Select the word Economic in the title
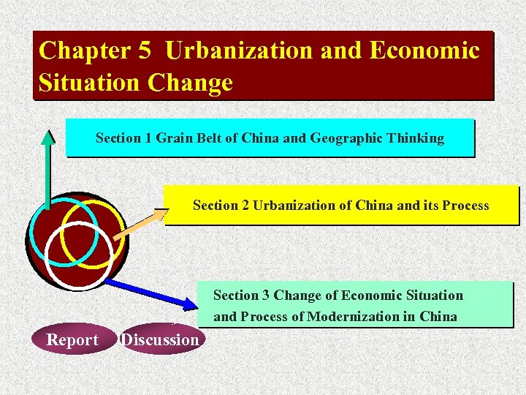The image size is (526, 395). (x=424, y=50)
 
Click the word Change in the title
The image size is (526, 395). (x=190, y=83)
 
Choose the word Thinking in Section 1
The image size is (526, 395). (x=416, y=138)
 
